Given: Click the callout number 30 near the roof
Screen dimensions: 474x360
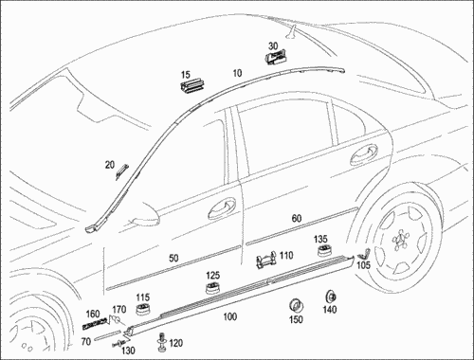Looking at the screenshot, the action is point(273,46).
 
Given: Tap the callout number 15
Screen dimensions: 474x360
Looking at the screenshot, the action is point(186,75).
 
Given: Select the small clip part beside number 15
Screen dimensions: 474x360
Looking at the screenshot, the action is point(192,87).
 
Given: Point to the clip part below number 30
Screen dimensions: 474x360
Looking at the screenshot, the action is point(276,58).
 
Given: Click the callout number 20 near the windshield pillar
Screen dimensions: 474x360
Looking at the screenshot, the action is point(110,165).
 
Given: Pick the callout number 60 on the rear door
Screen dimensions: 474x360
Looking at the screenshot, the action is point(297,218).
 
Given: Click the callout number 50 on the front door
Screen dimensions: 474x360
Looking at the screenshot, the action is point(173,258).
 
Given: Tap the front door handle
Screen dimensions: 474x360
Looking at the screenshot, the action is point(222,208).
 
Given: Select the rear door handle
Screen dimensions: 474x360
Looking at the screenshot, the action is point(364,154).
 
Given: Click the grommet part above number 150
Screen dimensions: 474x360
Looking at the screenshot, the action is point(297,305).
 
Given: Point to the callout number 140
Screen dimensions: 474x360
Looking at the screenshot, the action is point(329,310).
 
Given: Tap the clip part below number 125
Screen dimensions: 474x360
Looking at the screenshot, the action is point(212,287).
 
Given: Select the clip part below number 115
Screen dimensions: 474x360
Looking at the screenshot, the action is point(143,309).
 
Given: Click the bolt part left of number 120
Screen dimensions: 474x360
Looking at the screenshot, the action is point(162,342).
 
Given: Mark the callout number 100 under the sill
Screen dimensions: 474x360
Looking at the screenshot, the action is point(230,316).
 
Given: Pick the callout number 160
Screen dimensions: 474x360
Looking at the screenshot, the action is point(93,314).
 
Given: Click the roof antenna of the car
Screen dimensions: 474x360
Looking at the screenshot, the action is point(291,31).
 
